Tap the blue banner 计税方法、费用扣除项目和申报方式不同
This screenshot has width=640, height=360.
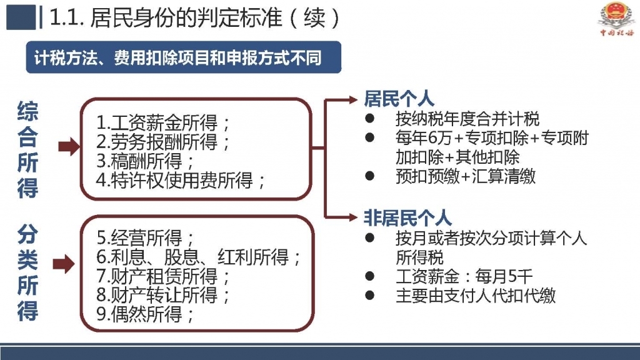pyautogui.click(x=183, y=57)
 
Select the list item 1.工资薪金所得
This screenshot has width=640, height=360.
pyautogui.click(x=162, y=122)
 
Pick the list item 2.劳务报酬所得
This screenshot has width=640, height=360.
pyautogui.click(x=162, y=142)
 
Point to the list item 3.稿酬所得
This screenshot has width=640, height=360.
pyautogui.click(x=145, y=161)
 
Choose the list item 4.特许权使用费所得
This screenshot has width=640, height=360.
pyautogui.click(x=181, y=180)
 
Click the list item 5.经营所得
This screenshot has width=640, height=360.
pyautogui.click(x=145, y=237)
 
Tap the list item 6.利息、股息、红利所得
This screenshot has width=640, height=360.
pyautogui.click(x=198, y=257)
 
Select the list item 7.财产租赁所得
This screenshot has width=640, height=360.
pyautogui.click(x=162, y=276)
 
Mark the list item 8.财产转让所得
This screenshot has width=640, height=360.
pyautogui.click(x=162, y=295)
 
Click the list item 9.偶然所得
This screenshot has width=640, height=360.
pyautogui.click(x=145, y=314)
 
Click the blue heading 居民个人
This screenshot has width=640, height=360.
pyautogui.click(x=399, y=99)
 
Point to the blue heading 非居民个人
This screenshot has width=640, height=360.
pyautogui.click(x=407, y=218)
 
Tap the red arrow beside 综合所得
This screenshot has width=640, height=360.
pyautogui.click(x=69, y=146)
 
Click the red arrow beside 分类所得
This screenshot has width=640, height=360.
pyautogui.click(x=64, y=264)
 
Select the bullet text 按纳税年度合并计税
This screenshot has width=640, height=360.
pyautogui.click(x=467, y=119)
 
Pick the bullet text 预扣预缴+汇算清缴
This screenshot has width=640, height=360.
pyautogui.click(x=465, y=176)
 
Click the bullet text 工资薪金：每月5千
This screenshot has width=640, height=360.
pyautogui.click(x=464, y=277)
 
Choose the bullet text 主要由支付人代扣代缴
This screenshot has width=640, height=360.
pyautogui.click(x=476, y=296)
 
